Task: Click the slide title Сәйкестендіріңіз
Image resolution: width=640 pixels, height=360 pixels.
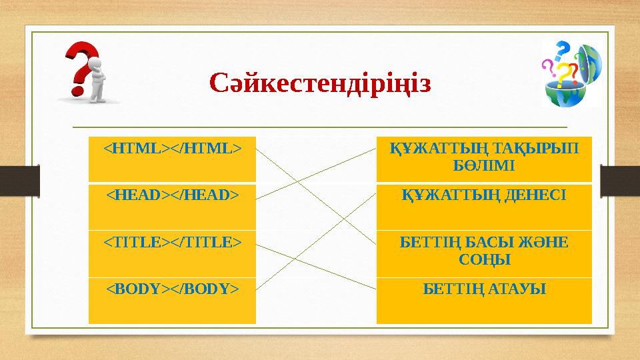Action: pos(320,85)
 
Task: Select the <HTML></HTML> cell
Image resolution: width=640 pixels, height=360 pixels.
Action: pos(172,159)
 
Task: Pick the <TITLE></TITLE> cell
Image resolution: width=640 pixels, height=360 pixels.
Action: pos(172,254)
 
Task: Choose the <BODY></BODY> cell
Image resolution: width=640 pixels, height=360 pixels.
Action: pos(172,301)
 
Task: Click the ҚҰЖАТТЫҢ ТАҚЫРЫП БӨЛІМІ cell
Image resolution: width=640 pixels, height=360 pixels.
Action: pos(484,159)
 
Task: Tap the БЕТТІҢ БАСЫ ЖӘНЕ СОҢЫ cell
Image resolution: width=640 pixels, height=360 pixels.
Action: pos(484,254)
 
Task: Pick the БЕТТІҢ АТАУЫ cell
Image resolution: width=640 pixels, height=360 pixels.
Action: pos(484,301)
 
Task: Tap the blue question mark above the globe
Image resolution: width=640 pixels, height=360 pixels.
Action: pos(563,49)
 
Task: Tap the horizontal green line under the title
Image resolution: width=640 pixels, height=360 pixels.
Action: pos(320,127)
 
